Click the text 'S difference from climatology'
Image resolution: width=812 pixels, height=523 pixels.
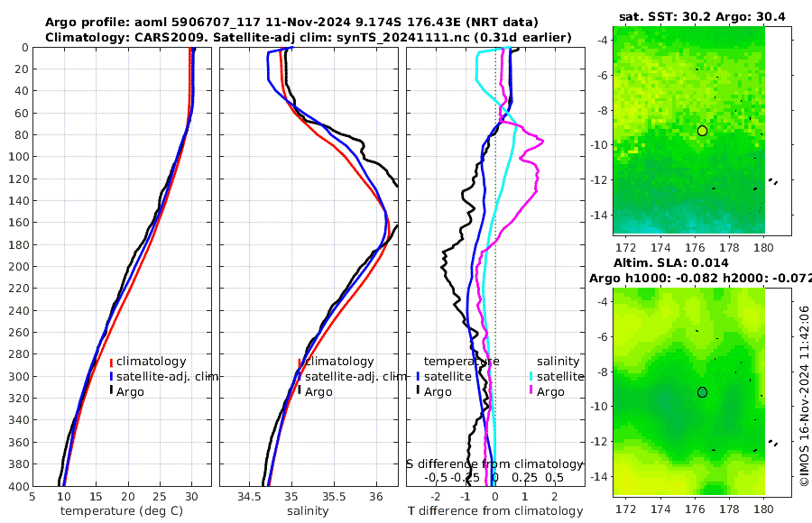point(494,463)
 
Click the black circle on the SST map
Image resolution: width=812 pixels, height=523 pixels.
point(702,131)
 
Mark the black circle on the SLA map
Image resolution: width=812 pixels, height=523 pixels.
point(702,392)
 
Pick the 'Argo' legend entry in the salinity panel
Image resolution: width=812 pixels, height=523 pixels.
point(318,392)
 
